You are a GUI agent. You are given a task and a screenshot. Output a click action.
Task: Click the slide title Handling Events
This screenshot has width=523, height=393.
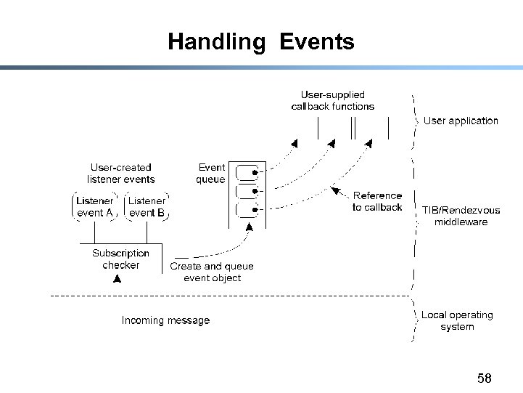coord(261,41)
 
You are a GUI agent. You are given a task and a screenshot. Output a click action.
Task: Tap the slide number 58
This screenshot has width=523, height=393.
coord(485,378)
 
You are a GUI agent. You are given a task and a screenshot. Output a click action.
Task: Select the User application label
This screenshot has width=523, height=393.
coord(461,121)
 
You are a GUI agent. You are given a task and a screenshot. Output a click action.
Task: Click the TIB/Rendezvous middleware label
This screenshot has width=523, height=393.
coord(461,216)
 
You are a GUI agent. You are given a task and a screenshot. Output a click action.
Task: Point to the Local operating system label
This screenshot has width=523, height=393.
coord(457,320)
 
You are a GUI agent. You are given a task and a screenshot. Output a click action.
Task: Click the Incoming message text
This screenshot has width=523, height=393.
coord(165,320)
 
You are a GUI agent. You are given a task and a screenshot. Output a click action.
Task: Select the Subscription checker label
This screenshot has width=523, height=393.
coord(120,259)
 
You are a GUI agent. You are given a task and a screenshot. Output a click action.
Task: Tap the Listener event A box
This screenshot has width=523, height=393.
coord(95,206)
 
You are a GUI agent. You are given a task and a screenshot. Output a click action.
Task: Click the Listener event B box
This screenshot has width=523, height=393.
coord(147,206)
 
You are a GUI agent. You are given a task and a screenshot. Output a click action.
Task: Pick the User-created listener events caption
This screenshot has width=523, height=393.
coord(120,173)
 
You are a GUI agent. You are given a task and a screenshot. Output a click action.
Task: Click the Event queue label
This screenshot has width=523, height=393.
coord(211,173)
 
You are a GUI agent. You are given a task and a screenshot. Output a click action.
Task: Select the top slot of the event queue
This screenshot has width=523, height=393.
coord(248,172)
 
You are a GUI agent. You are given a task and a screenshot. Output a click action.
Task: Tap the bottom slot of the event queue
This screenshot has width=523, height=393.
coord(248,211)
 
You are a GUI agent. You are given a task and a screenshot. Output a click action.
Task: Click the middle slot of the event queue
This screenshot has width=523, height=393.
coord(248,192)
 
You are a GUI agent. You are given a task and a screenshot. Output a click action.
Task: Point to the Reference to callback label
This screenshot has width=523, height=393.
coord(376,201)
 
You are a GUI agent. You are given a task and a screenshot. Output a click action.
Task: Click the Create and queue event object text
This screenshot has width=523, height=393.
coord(212,272)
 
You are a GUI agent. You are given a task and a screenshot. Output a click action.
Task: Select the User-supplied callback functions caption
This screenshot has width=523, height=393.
coord(333,100)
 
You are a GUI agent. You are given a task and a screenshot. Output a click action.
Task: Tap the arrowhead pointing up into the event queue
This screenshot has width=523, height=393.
coord(250,227)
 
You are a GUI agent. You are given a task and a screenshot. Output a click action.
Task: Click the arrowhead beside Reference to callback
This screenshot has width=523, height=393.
coord(335,190)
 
